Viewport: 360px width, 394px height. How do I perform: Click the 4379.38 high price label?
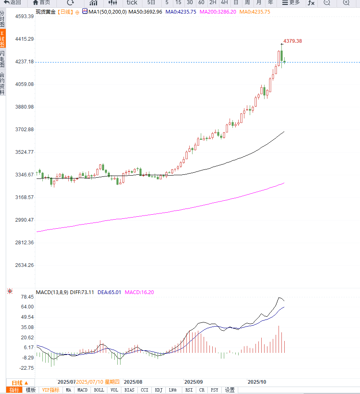pos(293,41)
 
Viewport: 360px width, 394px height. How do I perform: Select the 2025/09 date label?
pos(193,382)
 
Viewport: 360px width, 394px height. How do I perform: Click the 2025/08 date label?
pos(133,382)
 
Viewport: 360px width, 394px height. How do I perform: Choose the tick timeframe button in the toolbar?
pos(132,2)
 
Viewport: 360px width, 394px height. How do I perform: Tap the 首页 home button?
pos(42,2)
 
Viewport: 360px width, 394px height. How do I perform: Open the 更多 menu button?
pos(291,2)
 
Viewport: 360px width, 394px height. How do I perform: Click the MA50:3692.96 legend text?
pos(145,12)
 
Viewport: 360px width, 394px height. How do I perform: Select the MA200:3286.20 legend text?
pos(218,12)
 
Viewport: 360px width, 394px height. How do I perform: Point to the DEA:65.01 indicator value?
pos(109,292)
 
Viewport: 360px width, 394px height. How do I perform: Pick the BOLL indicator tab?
pos(99,390)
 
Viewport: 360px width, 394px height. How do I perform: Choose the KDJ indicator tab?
pos(158,390)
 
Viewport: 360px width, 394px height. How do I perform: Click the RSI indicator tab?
pos(189,390)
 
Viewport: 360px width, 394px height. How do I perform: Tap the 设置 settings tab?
pos(230,390)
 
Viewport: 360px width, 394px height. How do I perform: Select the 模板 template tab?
pos(31,390)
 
